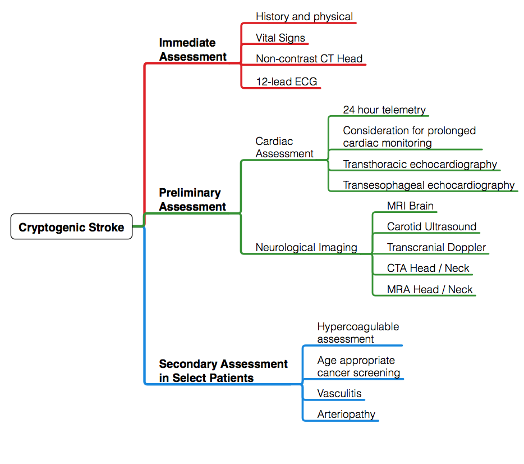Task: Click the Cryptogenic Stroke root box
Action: click(71, 227)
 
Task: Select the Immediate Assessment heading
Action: click(192, 49)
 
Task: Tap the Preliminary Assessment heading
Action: click(192, 199)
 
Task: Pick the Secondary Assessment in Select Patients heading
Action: click(223, 371)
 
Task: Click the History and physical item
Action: click(304, 16)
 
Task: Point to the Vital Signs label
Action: click(281, 38)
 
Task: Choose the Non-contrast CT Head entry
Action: click(309, 58)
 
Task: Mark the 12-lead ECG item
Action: click(287, 81)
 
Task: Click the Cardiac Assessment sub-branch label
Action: click(284, 147)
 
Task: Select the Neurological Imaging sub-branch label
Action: click(306, 247)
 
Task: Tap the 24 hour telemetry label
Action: click(384, 110)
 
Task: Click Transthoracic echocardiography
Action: click(420, 164)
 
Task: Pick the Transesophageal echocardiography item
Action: click(429, 185)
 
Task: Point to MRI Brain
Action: click(410, 206)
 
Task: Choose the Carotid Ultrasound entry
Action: click(431, 226)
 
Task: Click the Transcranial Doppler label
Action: click(436, 247)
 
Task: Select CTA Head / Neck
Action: click(428, 268)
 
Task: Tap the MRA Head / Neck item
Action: click(430, 289)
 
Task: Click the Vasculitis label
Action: click(339, 393)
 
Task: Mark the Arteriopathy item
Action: click(346, 415)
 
